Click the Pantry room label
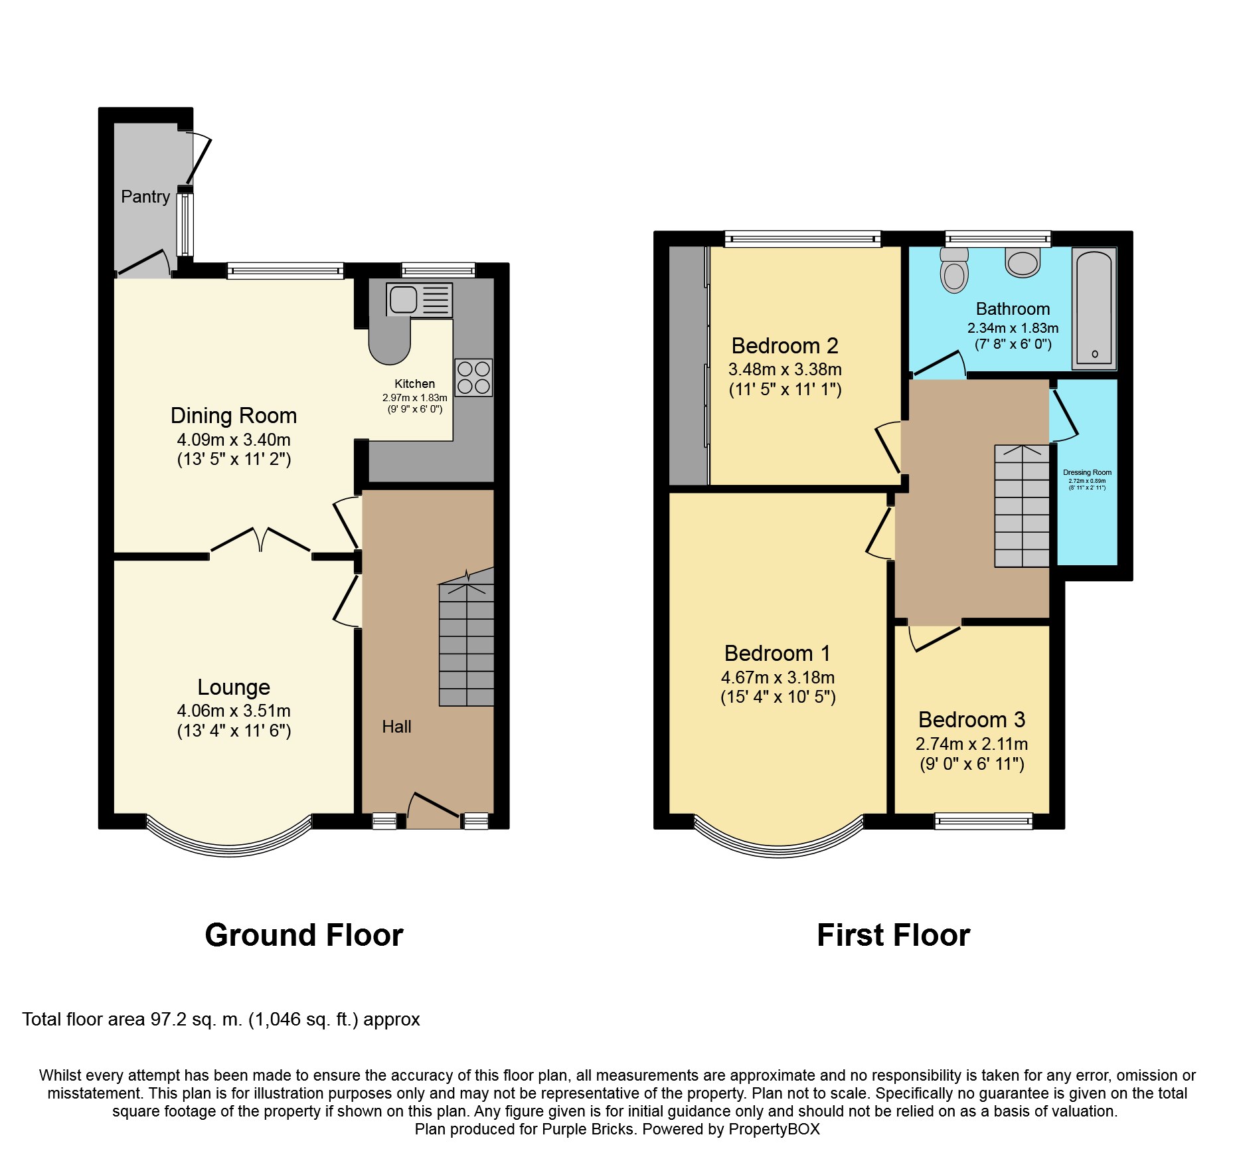145,197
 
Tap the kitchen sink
419,300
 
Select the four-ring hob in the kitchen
473,377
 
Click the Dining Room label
233,416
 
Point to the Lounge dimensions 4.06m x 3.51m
233,711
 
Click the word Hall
396,727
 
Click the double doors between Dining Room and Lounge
260,540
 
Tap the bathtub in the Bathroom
1094,308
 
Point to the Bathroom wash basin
1023,262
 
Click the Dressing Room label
1087,472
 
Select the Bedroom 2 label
784,346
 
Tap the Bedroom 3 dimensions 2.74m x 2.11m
971,744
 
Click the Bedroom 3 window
983,822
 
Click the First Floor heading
893,935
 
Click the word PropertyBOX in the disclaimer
774,1129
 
